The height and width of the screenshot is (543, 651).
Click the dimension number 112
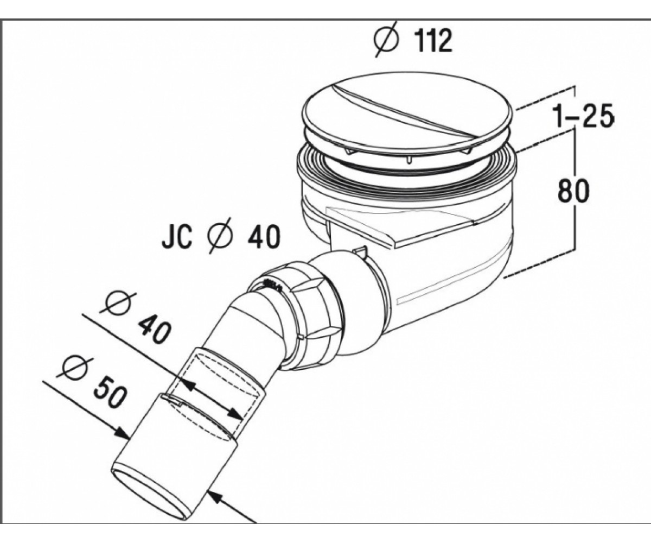tap(434, 41)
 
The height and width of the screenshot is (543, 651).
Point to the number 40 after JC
tap(264, 237)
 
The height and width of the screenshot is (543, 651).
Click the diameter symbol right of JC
tap(220, 236)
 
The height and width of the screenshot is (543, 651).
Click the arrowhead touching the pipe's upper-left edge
tap(121, 434)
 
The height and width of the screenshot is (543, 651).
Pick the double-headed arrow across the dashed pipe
tap(212, 400)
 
